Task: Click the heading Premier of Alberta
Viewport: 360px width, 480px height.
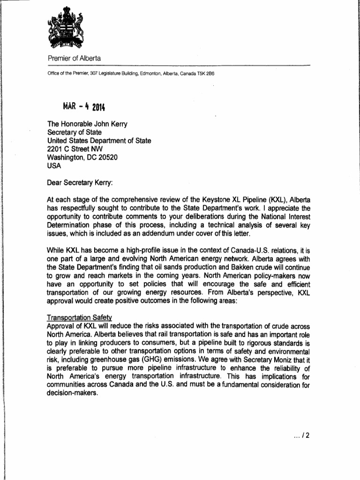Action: (x=74, y=58)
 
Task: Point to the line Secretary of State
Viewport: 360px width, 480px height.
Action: (x=75, y=133)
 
